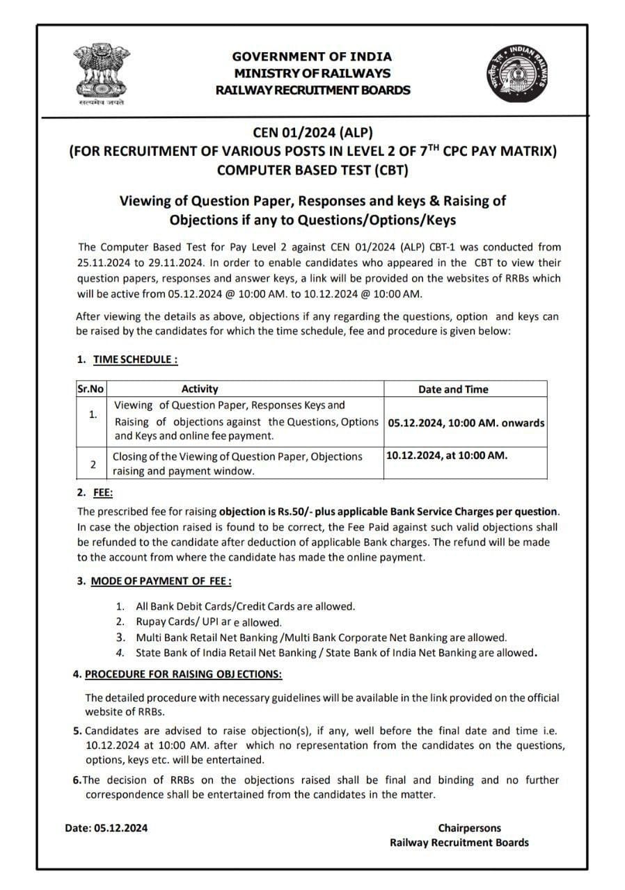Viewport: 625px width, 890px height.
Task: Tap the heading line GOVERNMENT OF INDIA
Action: pyautogui.click(x=312, y=56)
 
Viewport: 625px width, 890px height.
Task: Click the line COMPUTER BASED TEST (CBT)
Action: pyautogui.click(x=312, y=169)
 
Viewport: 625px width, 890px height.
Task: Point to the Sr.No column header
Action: pyautogui.click(x=90, y=389)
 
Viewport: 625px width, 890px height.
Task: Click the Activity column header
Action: pyautogui.click(x=199, y=389)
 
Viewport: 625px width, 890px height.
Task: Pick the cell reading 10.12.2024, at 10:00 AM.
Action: pyautogui.click(x=447, y=455)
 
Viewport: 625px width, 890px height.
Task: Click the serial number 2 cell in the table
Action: pyautogui.click(x=93, y=464)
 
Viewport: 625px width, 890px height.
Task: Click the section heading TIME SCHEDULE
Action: pyautogui.click(x=135, y=359)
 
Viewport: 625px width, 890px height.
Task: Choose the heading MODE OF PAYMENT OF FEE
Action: pyautogui.click(x=161, y=581)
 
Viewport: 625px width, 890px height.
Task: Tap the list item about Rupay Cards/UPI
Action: pyautogui.click(x=208, y=622)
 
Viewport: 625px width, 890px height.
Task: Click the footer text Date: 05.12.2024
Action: pyautogui.click(x=106, y=827)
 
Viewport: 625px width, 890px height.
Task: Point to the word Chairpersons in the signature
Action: pyautogui.click(x=469, y=827)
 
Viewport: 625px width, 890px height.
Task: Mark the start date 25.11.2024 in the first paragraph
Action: pyautogui.click(x=103, y=262)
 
